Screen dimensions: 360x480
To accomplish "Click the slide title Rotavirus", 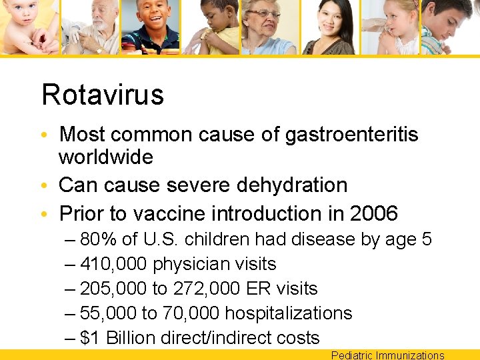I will tap(102, 95).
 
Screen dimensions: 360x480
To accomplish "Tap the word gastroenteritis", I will tap(351, 134).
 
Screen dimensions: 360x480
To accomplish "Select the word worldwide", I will tap(106, 157).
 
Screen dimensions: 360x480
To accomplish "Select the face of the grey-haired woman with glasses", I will tap(267, 19).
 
